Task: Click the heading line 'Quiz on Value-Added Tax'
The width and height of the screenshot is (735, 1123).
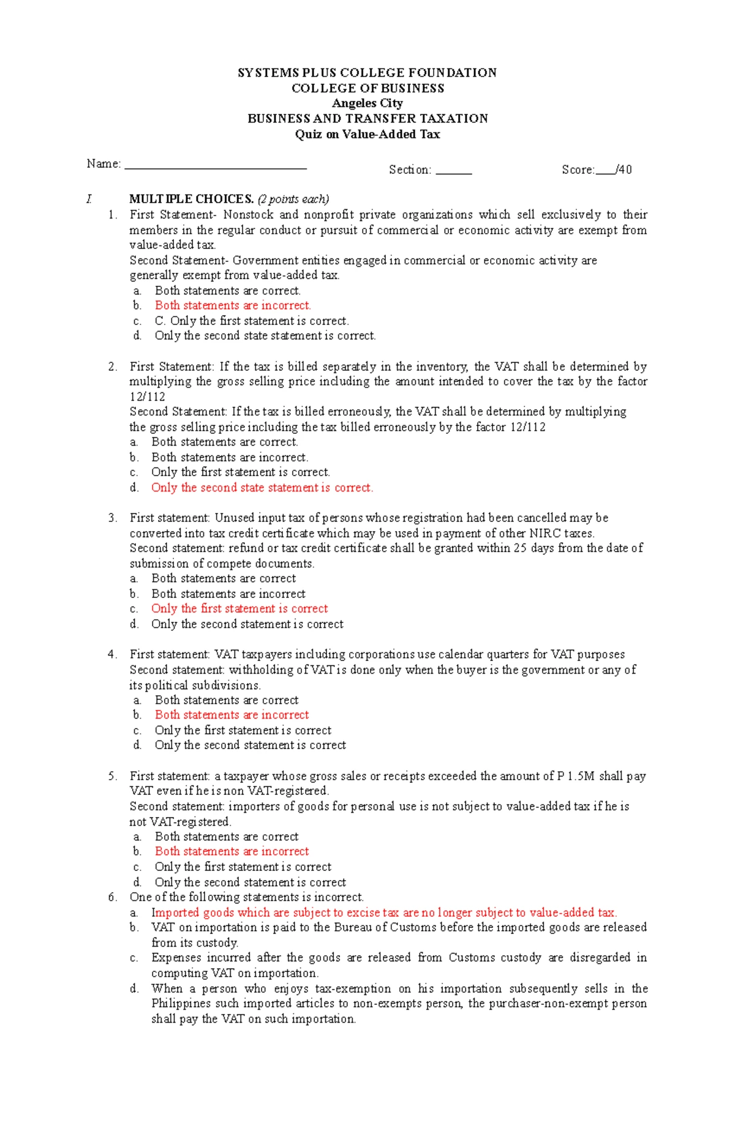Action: coord(367,134)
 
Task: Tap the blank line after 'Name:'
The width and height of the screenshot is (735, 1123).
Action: coord(215,167)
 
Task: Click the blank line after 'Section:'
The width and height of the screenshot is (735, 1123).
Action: coord(454,173)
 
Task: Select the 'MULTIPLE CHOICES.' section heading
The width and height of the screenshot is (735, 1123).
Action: coord(191,199)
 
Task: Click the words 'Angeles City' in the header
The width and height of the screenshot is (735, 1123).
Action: coord(367,103)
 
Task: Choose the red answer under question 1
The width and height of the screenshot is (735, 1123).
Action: coord(233,305)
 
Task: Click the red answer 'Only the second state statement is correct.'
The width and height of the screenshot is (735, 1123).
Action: coord(262,488)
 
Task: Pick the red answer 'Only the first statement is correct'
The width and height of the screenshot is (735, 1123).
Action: coord(239,608)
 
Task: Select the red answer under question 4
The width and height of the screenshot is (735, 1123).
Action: coord(232,715)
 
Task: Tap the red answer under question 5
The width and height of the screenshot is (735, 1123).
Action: coord(232,851)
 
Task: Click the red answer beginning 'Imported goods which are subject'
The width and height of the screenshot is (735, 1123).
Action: coord(384,912)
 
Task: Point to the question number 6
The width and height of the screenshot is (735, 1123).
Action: coord(112,897)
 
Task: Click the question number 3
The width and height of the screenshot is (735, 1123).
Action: coord(112,518)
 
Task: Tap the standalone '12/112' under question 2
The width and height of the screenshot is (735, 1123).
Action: coord(147,397)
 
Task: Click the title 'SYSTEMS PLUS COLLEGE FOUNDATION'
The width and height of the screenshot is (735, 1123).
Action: coord(367,73)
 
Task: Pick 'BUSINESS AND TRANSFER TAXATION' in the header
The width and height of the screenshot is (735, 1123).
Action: coord(367,118)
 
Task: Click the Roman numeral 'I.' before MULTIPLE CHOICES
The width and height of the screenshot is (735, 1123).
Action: coord(89,199)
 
